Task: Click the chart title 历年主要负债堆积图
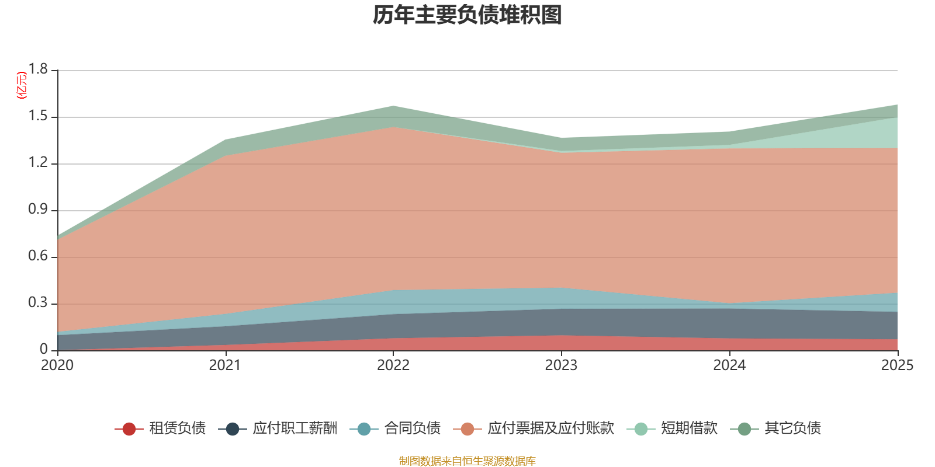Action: [467, 16]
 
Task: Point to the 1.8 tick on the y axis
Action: [38, 69]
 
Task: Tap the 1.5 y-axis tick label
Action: [38, 116]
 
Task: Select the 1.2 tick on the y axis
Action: [38, 163]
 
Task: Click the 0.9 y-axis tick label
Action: [38, 210]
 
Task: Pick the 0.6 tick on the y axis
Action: [38, 256]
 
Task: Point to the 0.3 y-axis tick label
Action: [38, 303]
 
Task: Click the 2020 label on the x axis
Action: [57, 365]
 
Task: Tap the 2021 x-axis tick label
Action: [225, 365]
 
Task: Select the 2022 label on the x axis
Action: [393, 365]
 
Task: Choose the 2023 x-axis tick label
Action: [561, 365]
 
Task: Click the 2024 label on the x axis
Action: [729, 365]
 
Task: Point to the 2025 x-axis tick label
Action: [896, 365]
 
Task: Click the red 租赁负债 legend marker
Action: [129, 429]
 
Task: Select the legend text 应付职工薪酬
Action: [295, 428]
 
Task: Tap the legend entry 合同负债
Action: [412, 428]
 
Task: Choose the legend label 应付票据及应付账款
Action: [550, 428]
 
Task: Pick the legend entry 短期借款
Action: [689, 428]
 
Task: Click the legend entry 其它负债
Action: [792, 428]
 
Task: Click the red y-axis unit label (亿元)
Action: [22, 86]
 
